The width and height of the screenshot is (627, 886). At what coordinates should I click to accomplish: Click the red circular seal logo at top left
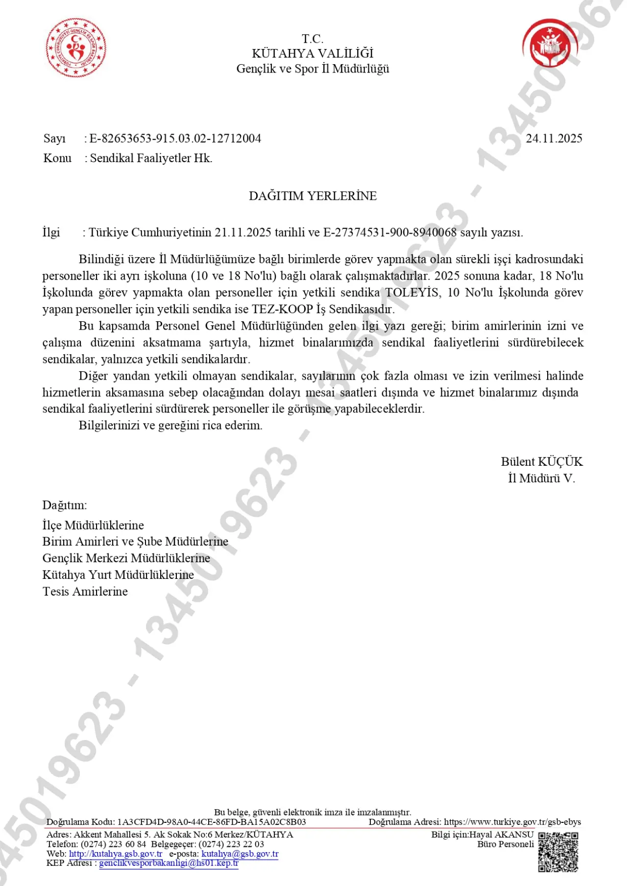click(x=76, y=48)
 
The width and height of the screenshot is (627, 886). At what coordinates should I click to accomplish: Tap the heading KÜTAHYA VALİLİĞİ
click(x=313, y=53)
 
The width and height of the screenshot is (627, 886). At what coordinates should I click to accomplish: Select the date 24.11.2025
click(x=554, y=139)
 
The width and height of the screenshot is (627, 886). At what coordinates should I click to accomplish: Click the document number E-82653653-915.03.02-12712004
click(x=175, y=139)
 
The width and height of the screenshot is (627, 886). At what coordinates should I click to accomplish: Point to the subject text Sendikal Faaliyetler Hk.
click(x=151, y=158)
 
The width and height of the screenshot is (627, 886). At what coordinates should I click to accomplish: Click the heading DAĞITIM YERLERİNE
click(x=313, y=196)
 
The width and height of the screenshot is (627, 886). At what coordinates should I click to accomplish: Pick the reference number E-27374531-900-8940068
click(x=390, y=232)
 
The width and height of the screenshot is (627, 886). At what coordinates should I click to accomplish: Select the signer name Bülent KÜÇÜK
click(x=541, y=461)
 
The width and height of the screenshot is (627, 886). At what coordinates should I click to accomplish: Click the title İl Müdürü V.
click(x=541, y=478)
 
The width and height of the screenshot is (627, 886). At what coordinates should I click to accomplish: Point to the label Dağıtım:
click(x=65, y=505)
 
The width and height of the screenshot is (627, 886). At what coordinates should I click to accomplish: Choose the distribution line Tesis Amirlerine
click(x=85, y=591)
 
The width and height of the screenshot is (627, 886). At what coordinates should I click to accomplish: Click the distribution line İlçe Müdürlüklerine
click(x=93, y=525)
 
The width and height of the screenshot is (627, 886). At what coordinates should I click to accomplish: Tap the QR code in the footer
click(x=558, y=852)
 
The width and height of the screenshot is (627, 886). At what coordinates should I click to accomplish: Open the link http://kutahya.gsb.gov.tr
click(x=116, y=854)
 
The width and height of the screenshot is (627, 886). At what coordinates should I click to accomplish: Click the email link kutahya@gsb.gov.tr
click(x=240, y=854)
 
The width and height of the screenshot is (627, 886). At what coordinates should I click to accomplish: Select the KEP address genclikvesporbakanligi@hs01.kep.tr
click(x=169, y=863)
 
